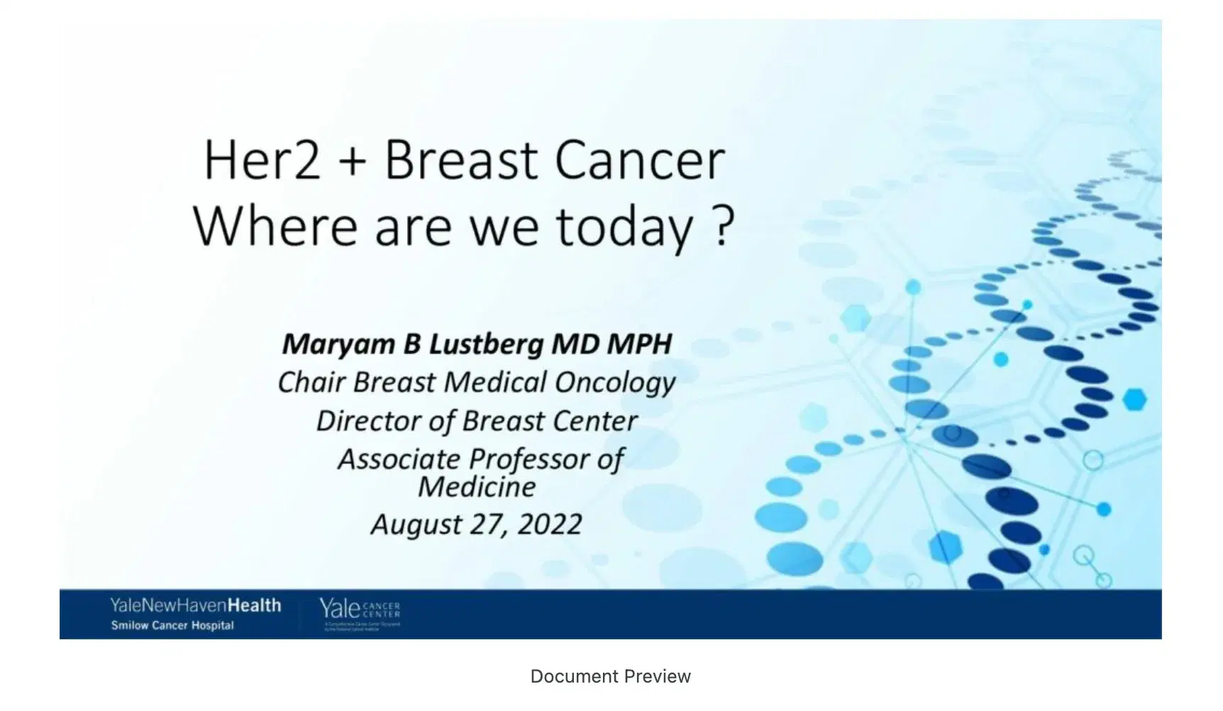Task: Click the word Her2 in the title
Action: click(x=262, y=161)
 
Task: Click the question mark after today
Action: click(x=721, y=227)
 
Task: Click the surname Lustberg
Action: click(x=487, y=345)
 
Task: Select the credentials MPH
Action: click(x=638, y=344)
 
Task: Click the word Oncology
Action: click(x=614, y=383)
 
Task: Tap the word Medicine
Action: click(x=476, y=487)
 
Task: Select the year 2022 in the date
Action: click(x=549, y=525)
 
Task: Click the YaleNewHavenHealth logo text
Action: click(x=195, y=605)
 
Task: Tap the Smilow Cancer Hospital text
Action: click(x=172, y=626)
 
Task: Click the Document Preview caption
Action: click(x=610, y=677)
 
